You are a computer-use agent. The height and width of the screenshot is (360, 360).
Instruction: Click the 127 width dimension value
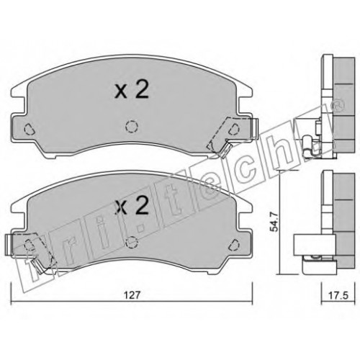coord(132,295)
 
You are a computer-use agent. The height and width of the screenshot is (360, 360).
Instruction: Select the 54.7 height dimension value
coord(274,222)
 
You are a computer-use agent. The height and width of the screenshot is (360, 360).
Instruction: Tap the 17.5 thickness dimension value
coord(338,295)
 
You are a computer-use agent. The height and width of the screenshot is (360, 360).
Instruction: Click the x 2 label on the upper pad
coord(132,91)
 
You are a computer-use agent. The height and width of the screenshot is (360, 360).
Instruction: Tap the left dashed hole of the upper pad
coord(30,129)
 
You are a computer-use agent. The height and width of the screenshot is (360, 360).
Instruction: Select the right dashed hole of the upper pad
coord(234,129)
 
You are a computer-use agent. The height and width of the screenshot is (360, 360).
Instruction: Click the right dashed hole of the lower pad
coord(234,245)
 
